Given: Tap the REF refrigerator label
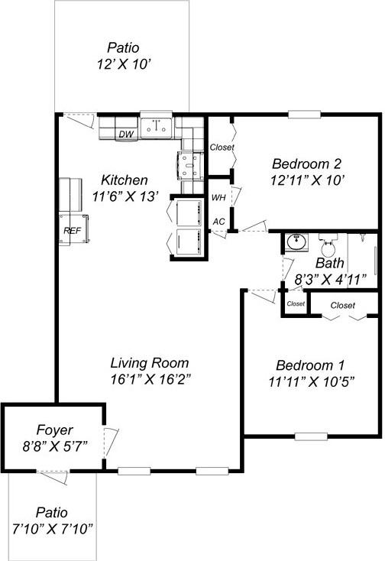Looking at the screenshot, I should click(73, 230).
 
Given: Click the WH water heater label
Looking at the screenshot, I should click(218, 198).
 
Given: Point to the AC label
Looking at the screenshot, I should click(218, 222).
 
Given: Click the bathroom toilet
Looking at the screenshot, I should click(329, 247).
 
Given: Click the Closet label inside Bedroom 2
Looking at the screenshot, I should click(222, 148).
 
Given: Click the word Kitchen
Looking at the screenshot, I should click(125, 180).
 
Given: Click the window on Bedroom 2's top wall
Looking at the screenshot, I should click(303, 115).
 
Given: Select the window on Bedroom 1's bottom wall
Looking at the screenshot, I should click(311, 436).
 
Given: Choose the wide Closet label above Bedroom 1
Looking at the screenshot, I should click(343, 305).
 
